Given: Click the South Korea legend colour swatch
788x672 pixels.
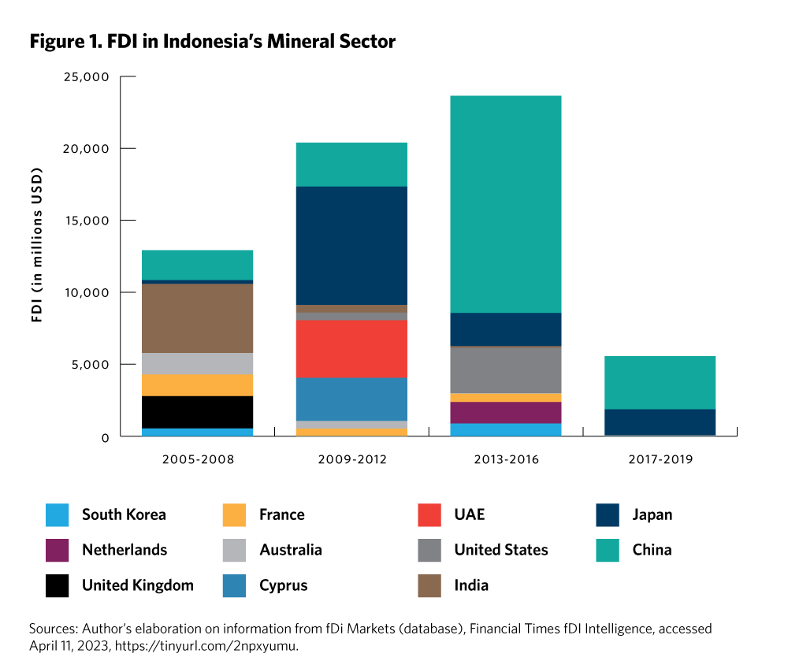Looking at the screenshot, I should point(57,515).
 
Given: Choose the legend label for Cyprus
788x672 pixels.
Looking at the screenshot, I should point(283,585).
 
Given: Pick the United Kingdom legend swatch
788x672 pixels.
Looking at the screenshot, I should point(57,585).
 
